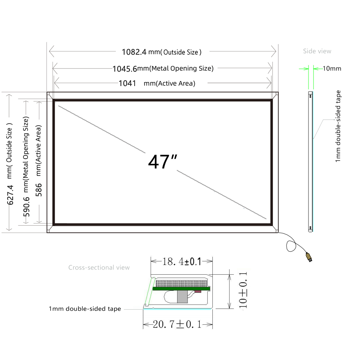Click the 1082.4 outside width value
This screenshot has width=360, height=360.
[134, 52]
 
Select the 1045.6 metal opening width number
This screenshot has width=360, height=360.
[125, 69]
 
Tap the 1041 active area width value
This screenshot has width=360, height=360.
[127, 83]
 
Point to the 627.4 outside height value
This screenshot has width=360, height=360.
[10, 195]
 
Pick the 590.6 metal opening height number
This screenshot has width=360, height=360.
[26, 207]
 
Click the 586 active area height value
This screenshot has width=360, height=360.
[39, 190]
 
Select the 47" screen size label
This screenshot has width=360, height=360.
[163, 162]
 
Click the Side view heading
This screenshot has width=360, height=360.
[317, 51]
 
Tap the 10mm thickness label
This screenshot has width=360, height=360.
[332, 68]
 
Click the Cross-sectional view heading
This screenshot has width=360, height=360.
[99, 267]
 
